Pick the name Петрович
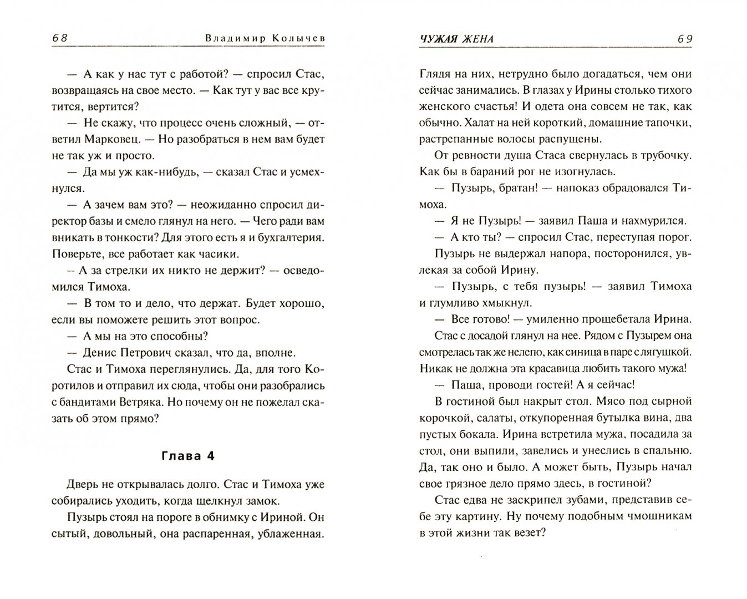pos(150,352)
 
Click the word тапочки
pos(662,122)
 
